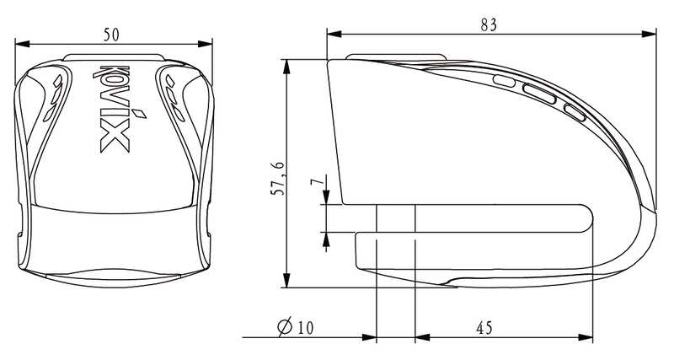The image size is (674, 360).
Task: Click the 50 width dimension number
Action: point(111,35)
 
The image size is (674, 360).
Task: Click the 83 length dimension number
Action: point(489,25)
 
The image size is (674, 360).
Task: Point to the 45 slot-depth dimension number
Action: point(484,328)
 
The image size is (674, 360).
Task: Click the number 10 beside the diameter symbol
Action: point(305,328)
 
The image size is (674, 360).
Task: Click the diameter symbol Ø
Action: point(285,326)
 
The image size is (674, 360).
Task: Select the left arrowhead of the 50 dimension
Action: point(22,44)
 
